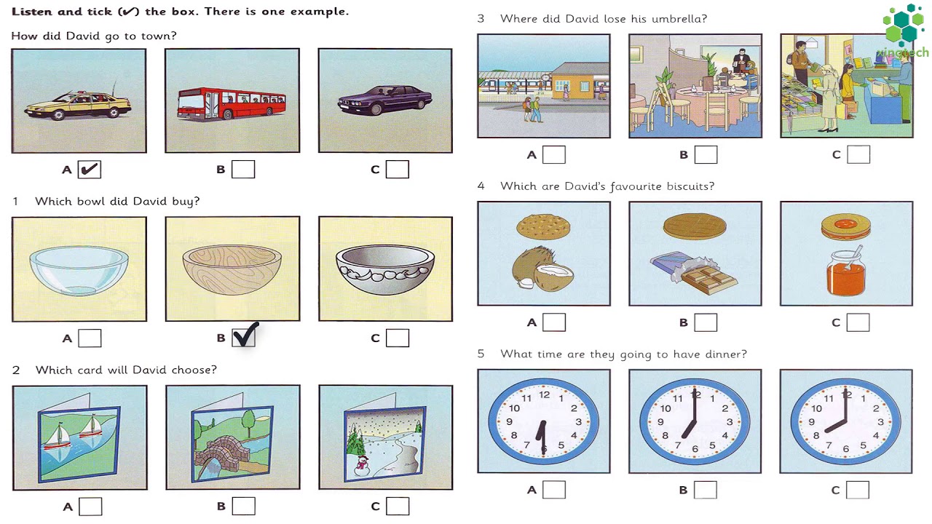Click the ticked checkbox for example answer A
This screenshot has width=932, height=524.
click(x=90, y=170)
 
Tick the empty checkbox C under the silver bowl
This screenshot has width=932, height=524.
click(x=398, y=338)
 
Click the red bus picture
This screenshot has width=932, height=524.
click(x=232, y=103)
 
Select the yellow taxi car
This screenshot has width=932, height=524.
click(x=78, y=106)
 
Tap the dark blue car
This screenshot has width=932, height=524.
click(x=384, y=100)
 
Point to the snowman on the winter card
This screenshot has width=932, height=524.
click(x=360, y=464)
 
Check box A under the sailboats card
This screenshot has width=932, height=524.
click(x=90, y=507)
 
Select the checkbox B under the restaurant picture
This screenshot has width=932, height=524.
click(x=706, y=154)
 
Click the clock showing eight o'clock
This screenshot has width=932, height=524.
click(x=845, y=421)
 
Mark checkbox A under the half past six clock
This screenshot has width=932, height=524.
click(x=554, y=490)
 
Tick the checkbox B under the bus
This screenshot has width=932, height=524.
click(x=243, y=170)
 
